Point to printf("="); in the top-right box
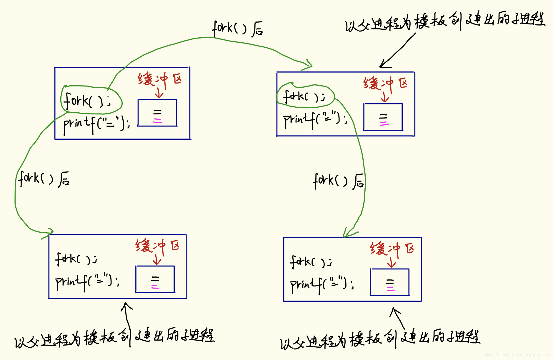tap(315, 119)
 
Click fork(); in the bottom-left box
tap(76, 259)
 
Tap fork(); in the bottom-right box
tap(311, 262)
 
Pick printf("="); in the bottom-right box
tap(322, 284)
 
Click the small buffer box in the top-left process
tap(157, 113)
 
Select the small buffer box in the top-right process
tap(383, 117)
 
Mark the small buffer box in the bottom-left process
tap(155, 279)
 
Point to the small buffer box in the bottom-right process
tap(390, 282)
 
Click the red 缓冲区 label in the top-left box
tap(160, 79)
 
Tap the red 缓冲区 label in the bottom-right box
tap(392, 249)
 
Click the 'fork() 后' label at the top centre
tap(237, 29)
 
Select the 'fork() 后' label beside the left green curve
tap(44, 179)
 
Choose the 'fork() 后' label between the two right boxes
tap(338, 181)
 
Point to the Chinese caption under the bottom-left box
tap(115, 338)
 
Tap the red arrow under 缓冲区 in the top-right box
tap(385, 97)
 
